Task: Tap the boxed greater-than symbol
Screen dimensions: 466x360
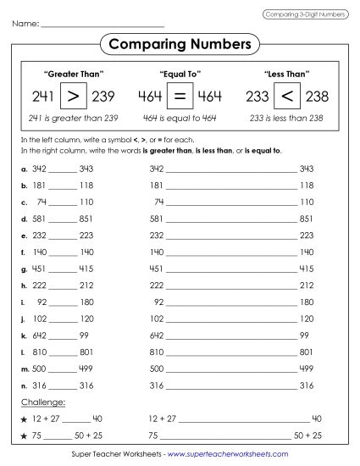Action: coord(75,96)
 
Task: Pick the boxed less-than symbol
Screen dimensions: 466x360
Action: coord(284,96)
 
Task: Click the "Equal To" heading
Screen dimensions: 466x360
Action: coord(180,74)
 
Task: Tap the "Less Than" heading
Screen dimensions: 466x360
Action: coord(284,74)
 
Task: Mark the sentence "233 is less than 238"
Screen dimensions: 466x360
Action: coord(284,118)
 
